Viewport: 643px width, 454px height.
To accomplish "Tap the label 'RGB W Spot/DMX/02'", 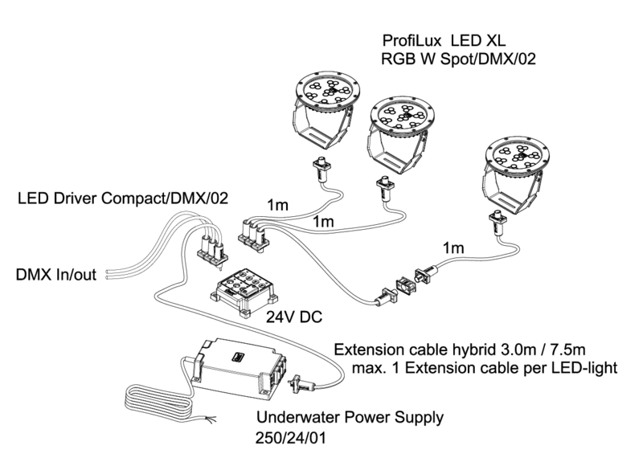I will (x=458, y=59).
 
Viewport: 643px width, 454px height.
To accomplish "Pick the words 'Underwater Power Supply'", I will (x=350, y=419).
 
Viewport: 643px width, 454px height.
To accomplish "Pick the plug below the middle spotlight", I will (x=384, y=190).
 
